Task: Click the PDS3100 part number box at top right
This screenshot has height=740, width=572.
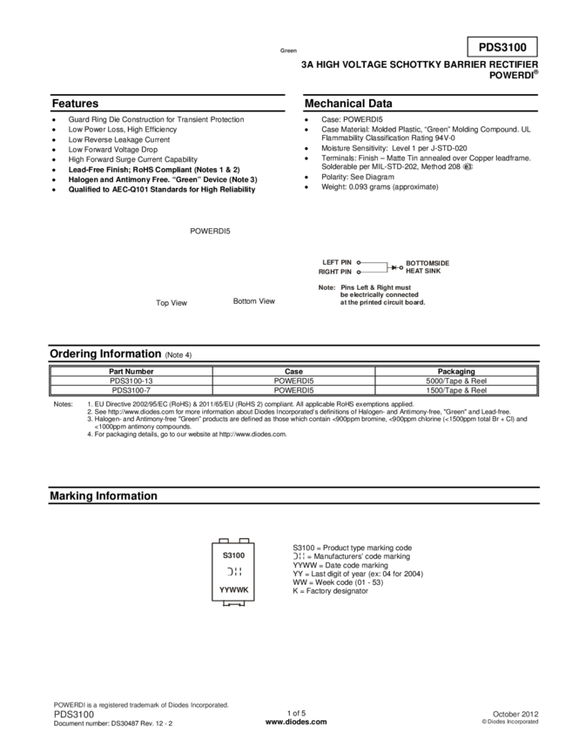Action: click(x=502, y=47)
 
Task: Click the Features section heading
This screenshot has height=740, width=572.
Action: click(x=75, y=104)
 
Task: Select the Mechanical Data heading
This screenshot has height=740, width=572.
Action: click(x=348, y=104)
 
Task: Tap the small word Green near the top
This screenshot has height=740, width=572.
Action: click(x=288, y=50)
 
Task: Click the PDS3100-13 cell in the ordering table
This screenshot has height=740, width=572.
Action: click(x=131, y=380)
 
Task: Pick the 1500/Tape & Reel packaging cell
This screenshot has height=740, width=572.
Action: click(x=456, y=390)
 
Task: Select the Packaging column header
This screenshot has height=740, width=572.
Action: click(x=456, y=372)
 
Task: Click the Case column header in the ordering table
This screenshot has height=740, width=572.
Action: click(x=293, y=372)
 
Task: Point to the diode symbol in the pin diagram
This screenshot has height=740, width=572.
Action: click(x=394, y=267)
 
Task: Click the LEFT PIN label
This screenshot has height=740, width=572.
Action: click(x=337, y=262)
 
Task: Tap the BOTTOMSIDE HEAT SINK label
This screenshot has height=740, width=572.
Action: click(x=427, y=267)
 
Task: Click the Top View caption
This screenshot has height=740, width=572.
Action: click(x=172, y=303)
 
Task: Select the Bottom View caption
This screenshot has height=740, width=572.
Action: click(x=254, y=301)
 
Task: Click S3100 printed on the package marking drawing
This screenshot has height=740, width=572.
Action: click(x=233, y=555)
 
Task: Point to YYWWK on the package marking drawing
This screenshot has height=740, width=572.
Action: click(x=233, y=590)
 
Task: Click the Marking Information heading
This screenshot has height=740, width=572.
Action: click(x=104, y=496)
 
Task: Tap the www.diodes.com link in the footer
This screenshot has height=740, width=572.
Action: click(x=296, y=722)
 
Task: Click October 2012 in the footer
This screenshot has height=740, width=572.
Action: click(x=515, y=714)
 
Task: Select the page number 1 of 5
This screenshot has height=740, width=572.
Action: click(x=296, y=713)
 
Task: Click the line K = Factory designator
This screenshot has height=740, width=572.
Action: click(x=330, y=591)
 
